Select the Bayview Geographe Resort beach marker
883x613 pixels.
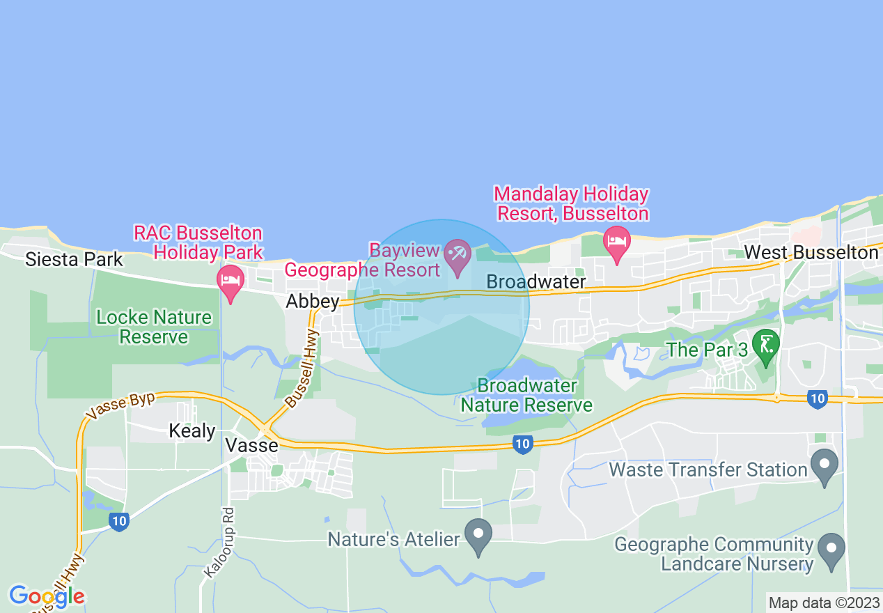coord(458,255)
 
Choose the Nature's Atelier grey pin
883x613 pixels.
coord(478,536)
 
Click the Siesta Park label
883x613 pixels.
coord(74,260)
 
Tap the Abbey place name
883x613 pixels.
coord(313,302)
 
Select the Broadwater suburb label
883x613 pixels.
coord(536,281)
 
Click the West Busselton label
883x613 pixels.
coord(811,252)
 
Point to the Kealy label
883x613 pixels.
coord(192,430)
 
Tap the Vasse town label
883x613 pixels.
coord(253,445)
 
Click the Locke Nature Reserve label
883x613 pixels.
coord(154,327)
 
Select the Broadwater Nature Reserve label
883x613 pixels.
coord(527,395)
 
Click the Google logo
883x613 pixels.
coord(47,596)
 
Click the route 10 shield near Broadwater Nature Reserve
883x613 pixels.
coord(522,444)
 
